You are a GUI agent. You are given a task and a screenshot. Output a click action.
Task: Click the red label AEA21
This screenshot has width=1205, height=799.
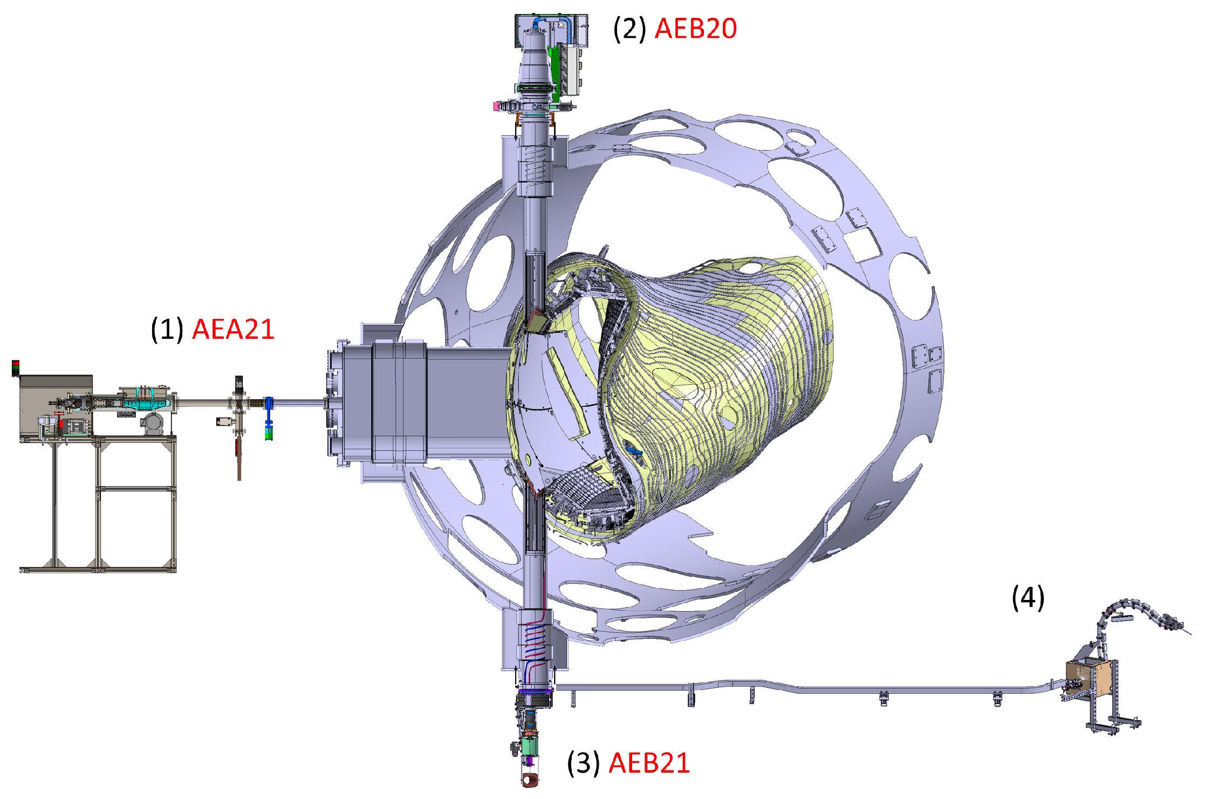(x=233, y=329)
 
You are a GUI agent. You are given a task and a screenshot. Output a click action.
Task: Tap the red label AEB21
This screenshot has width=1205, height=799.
(x=649, y=763)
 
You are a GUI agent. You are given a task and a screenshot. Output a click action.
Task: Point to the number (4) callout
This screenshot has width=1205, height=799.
(x=1028, y=598)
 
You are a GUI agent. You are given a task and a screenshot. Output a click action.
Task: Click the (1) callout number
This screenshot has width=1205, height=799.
(x=167, y=329)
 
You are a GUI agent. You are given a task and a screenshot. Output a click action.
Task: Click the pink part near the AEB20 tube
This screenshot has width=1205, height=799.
(x=496, y=106)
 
